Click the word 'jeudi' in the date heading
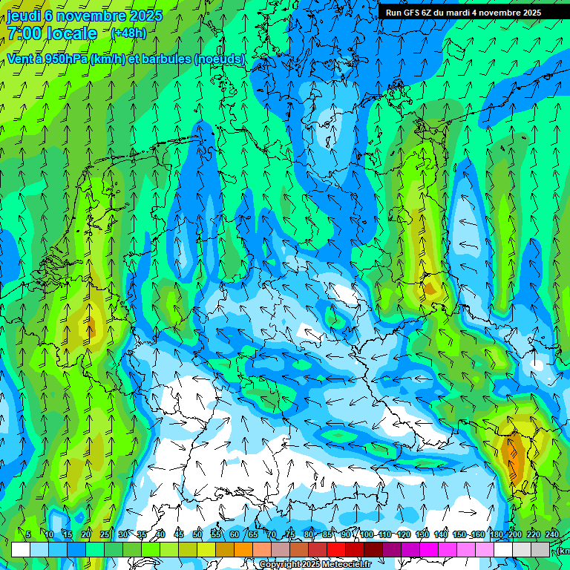tap(24, 16)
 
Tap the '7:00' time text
tap(23, 33)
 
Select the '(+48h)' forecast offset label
tap(128, 33)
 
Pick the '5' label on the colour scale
tap(28, 534)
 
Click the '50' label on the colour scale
tap(197, 534)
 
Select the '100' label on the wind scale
tap(367, 534)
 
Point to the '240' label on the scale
tap(552, 534)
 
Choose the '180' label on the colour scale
tap(497, 534)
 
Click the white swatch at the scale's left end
tap(21, 549)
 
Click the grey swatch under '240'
tap(540, 549)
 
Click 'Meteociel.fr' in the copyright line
tap(345, 565)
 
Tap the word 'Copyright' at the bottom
tap(279, 565)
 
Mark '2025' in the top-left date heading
tap(145, 16)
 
